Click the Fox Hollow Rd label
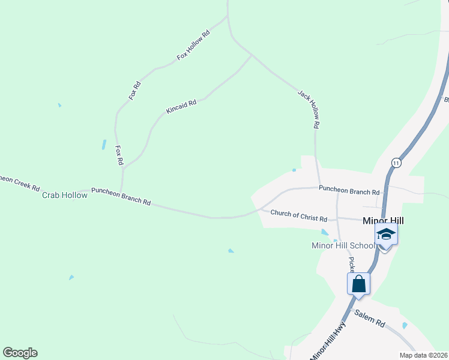(x=193, y=46)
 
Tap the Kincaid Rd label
(x=181, y=107)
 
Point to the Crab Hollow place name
(x=65, y=195)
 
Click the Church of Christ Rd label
(x=298, y=215)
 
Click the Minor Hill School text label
(x=343, y=245)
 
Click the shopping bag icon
(x=358, y=284)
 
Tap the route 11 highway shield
(x=396, y=163)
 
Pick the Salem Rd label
(x=369, y=318)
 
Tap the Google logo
(x=20, y=353)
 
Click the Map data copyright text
(x=423, y=355)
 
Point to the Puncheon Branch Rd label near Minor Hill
(x=349, y=192)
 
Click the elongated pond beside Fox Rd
(x=104, y=145)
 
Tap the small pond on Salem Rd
(x=405, y=326)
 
